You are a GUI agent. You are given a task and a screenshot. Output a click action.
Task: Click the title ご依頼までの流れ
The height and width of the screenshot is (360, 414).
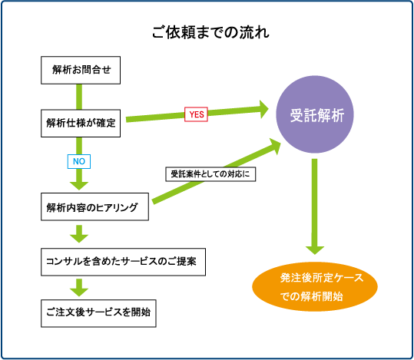(x=210, y=32)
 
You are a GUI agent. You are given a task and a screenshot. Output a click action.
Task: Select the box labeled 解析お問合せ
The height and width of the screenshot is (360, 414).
(x=81, y=70)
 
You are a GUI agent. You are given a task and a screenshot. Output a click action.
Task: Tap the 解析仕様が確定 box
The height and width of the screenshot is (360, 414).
(x=81, y=124)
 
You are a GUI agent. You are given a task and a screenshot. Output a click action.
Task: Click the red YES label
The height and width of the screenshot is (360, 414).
(x=196, y=114)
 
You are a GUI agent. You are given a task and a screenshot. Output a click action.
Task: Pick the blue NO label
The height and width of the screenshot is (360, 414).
(x=79, y=161)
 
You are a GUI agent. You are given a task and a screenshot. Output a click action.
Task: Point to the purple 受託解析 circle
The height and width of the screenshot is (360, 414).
(x=315, y=114)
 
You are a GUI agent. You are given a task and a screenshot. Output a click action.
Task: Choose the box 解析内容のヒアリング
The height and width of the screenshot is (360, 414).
(x=94, y=206)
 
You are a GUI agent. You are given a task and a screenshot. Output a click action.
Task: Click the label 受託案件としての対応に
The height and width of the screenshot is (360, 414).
(x=210, y=174)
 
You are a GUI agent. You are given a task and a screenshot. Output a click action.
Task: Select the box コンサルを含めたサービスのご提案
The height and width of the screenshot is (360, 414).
(x=123, y=262)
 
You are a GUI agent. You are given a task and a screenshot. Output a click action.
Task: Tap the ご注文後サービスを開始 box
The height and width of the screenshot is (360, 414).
(x=98, y=313)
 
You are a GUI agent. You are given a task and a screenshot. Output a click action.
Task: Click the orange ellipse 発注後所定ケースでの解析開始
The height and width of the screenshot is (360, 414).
(x=315, y=286)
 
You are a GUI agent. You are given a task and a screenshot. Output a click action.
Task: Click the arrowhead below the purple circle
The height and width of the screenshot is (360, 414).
(x=315, y=250)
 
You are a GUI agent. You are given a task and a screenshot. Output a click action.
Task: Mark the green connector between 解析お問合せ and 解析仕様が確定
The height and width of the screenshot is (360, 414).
(x=79, y=97)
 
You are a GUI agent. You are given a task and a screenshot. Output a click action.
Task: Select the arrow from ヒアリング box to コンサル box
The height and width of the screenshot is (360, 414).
(x=79, y=234)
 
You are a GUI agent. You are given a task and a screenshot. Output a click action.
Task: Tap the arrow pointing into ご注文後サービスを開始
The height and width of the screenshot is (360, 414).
(x=79, y=287)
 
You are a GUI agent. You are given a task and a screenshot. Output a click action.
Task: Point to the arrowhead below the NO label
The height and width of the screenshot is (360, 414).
(x=79, y=186)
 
